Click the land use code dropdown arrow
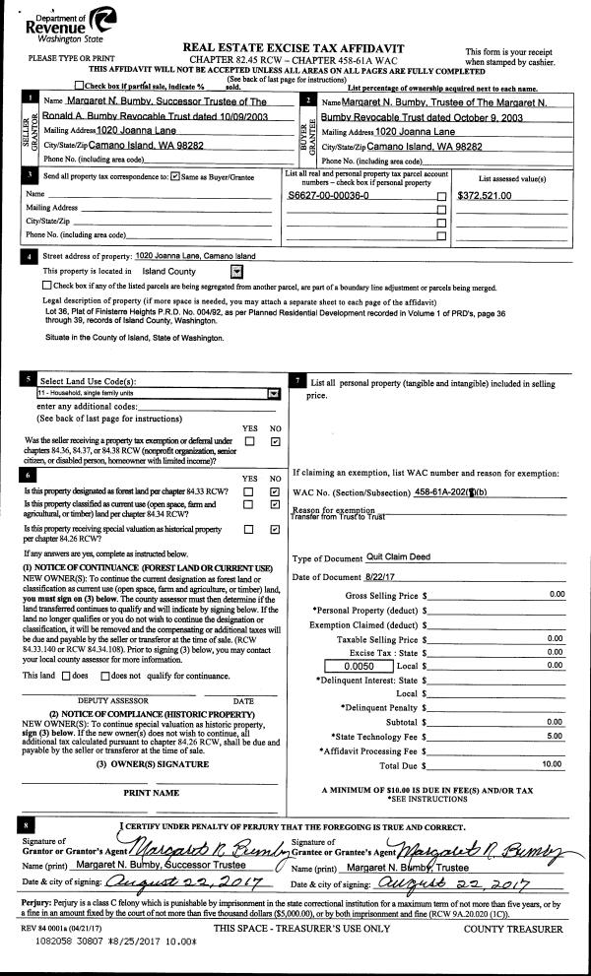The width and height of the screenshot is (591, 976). click(x=273, y=392)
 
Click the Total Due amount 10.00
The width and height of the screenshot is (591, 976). click(x=553, y=763)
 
